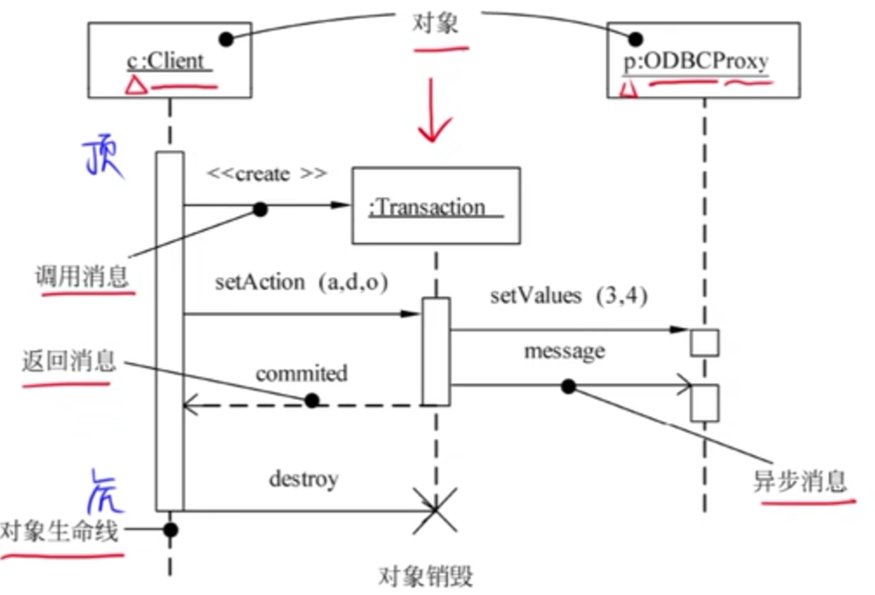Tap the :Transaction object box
point(435,206)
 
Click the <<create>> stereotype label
point(266,174)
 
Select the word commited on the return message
point(301,374)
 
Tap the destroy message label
point(303,478)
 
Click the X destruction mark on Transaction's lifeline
point(435,512)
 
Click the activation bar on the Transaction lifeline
point(436,351)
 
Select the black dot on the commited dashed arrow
point(311,401)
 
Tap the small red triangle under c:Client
point(133,84)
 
